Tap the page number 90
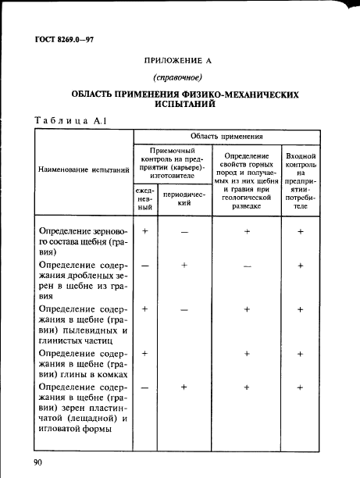tap(38, 462)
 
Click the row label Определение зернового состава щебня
tap(81, 241)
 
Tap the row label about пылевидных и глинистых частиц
tap(81, 325)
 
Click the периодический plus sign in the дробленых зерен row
tap(184, 266)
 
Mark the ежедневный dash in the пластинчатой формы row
tap(145, 387)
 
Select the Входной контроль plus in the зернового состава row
tap(301, 232)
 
